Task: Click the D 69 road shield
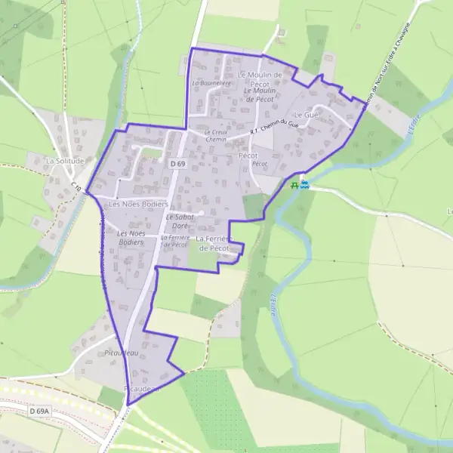point(177,163)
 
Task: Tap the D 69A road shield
point(41,411)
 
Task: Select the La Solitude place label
point(64,161)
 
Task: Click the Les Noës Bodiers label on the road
point(138,204)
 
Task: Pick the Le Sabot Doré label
point(180,221)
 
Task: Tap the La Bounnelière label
point(211,83)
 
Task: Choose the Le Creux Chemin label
point(216,136)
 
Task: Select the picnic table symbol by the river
point(295,184)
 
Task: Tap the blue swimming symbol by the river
point(304,184)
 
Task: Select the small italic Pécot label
point(260,163)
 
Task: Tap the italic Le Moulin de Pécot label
point(259,94)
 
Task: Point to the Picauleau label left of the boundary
point(121,353)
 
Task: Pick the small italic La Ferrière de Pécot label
point(174,241)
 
